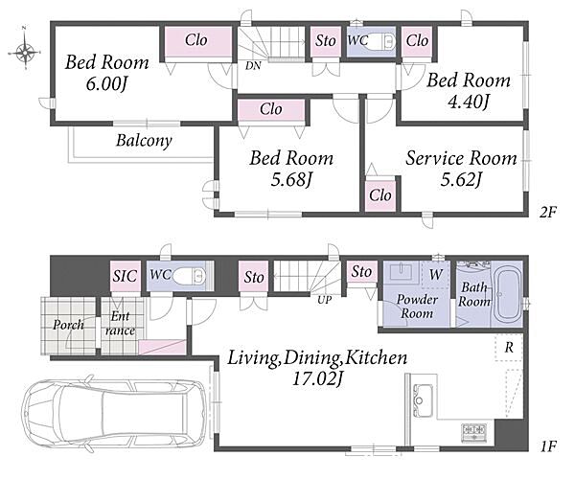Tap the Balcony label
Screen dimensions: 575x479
click(144, 141)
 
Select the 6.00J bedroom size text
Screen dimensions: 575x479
click(106, 84)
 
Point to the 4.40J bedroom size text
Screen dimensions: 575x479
click(469, 102)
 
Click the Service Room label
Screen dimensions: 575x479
click(461, 158)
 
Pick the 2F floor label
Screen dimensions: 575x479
click(548, 212)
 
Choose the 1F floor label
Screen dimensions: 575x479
click(548, 446)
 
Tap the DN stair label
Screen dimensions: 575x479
click(253, 66)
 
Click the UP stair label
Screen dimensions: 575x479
click(324, 300)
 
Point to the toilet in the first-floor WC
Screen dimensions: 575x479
click(189, 276)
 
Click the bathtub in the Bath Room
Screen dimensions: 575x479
click(505, 295)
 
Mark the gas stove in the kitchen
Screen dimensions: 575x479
click(474, 432)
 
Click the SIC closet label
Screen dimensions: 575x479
click(125, 276)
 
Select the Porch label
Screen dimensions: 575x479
click(68, 325)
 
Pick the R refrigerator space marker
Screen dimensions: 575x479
click(509, 348)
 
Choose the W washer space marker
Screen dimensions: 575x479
click(435, 274)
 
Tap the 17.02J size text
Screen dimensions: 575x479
click(317, 378)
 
